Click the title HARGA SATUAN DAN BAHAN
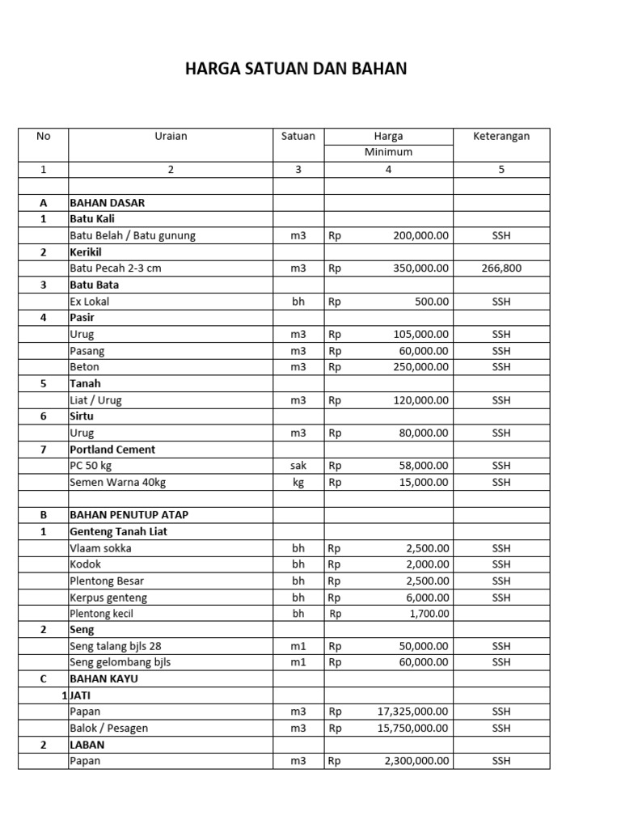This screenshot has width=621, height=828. (x=296, y=70)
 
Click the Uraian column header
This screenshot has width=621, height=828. (x=171, y=136)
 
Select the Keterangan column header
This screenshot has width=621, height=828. (x=501, y=136)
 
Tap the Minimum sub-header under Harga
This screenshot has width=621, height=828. (x=388, y=152)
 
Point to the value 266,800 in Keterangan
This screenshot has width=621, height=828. (x=501, y=268)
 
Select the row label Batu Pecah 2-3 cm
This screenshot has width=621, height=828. (x=116, y=268)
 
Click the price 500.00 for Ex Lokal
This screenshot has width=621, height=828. (x=433, y=302)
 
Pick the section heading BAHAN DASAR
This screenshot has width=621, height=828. (x=108, y=203)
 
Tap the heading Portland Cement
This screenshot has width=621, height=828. (x=112, y=450)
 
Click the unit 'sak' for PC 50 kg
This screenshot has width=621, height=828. (x=298, y=466)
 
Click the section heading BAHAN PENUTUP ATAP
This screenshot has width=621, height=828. (x=129, y=515)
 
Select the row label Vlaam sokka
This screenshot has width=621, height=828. (x=101, y=548)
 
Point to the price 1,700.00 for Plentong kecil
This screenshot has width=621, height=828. (x=428, y=614)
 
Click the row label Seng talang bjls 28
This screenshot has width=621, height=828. (x=120, y=646)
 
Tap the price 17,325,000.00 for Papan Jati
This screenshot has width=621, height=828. (x=413, y=712)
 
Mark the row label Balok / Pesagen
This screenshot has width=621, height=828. (x=109, y=728)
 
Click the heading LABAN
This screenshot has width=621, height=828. (x=87, y=745)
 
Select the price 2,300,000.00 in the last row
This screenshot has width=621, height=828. (x=416, y=761)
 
